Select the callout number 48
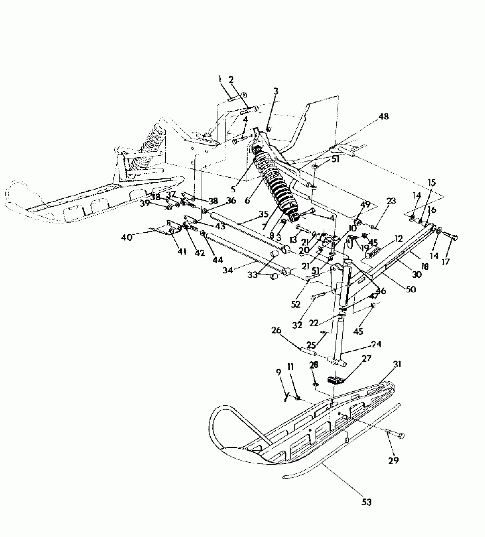point(383,116)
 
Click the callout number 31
point(397,364)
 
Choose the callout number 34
point(228,270)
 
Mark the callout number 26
point(276,331)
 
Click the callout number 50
point(411,289)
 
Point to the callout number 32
point(297,325)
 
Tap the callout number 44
point(218,260)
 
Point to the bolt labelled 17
point(450,237)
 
